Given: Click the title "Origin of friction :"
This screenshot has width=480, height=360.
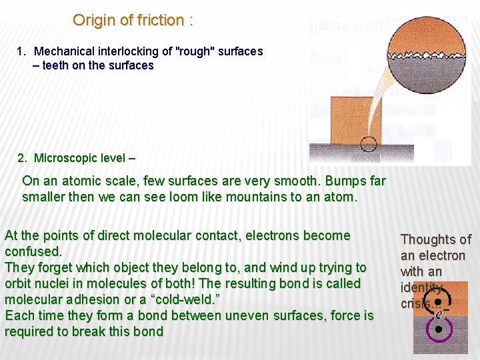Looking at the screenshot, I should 133,20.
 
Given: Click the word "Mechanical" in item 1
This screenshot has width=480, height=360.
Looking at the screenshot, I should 65,51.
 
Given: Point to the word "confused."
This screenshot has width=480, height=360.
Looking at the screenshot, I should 33,251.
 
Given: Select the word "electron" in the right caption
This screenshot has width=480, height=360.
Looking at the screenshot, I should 441,255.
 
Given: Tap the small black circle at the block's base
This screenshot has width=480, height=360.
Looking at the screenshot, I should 368,143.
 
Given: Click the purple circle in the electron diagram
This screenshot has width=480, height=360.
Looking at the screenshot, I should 437,328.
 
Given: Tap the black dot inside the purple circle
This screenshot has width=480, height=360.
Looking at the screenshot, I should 437,329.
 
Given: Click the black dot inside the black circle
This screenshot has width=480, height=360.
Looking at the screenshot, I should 437,301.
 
